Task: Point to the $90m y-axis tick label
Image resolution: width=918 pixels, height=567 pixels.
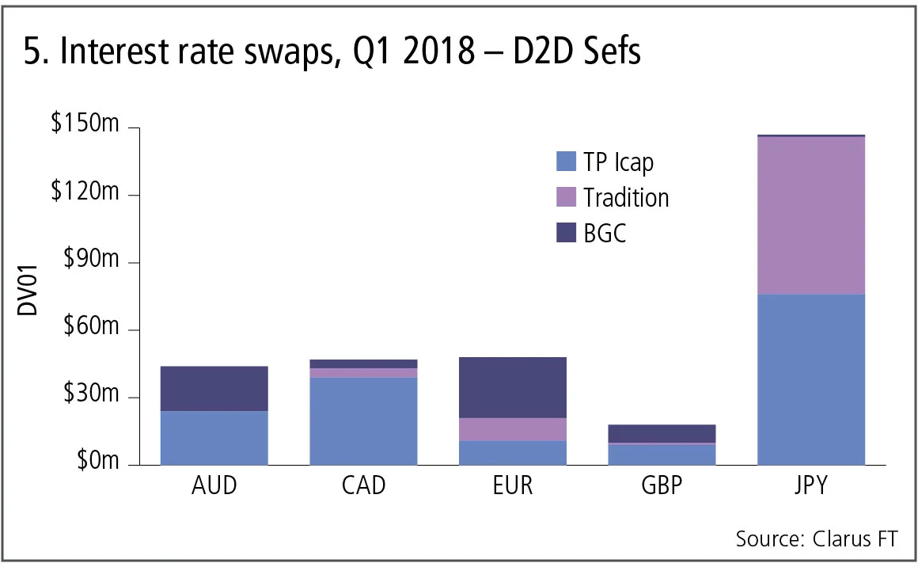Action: (x=89, y=262)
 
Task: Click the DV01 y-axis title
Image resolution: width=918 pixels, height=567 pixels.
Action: (x=28, y=296)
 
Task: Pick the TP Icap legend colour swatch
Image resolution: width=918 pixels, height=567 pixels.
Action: (x=567, y=161)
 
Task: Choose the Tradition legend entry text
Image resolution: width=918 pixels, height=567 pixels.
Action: (x=626, y=197)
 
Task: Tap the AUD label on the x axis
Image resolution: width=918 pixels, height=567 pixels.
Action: (x=214, y=485)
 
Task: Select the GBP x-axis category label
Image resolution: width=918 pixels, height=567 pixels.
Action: (x=661, y=485)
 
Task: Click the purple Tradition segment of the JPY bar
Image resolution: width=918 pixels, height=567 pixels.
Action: (x=810, y=215)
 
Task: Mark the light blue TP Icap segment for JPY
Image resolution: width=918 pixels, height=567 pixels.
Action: (x=810, y=379)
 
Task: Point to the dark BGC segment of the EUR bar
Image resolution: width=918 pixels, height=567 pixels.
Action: (x=512, y=387)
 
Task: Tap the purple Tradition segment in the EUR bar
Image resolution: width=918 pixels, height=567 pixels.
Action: (x=512, y=428)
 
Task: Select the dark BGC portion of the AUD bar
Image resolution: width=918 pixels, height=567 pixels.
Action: (x=214, y=388)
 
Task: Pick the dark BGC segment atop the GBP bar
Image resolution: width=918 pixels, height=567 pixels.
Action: (x=661, y=433)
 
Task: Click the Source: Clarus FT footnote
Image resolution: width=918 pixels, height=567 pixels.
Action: (x=817, y=540)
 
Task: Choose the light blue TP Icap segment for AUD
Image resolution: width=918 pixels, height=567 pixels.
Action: (x=214, y=437)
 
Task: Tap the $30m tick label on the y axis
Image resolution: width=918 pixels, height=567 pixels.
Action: (x=89, y=396)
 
